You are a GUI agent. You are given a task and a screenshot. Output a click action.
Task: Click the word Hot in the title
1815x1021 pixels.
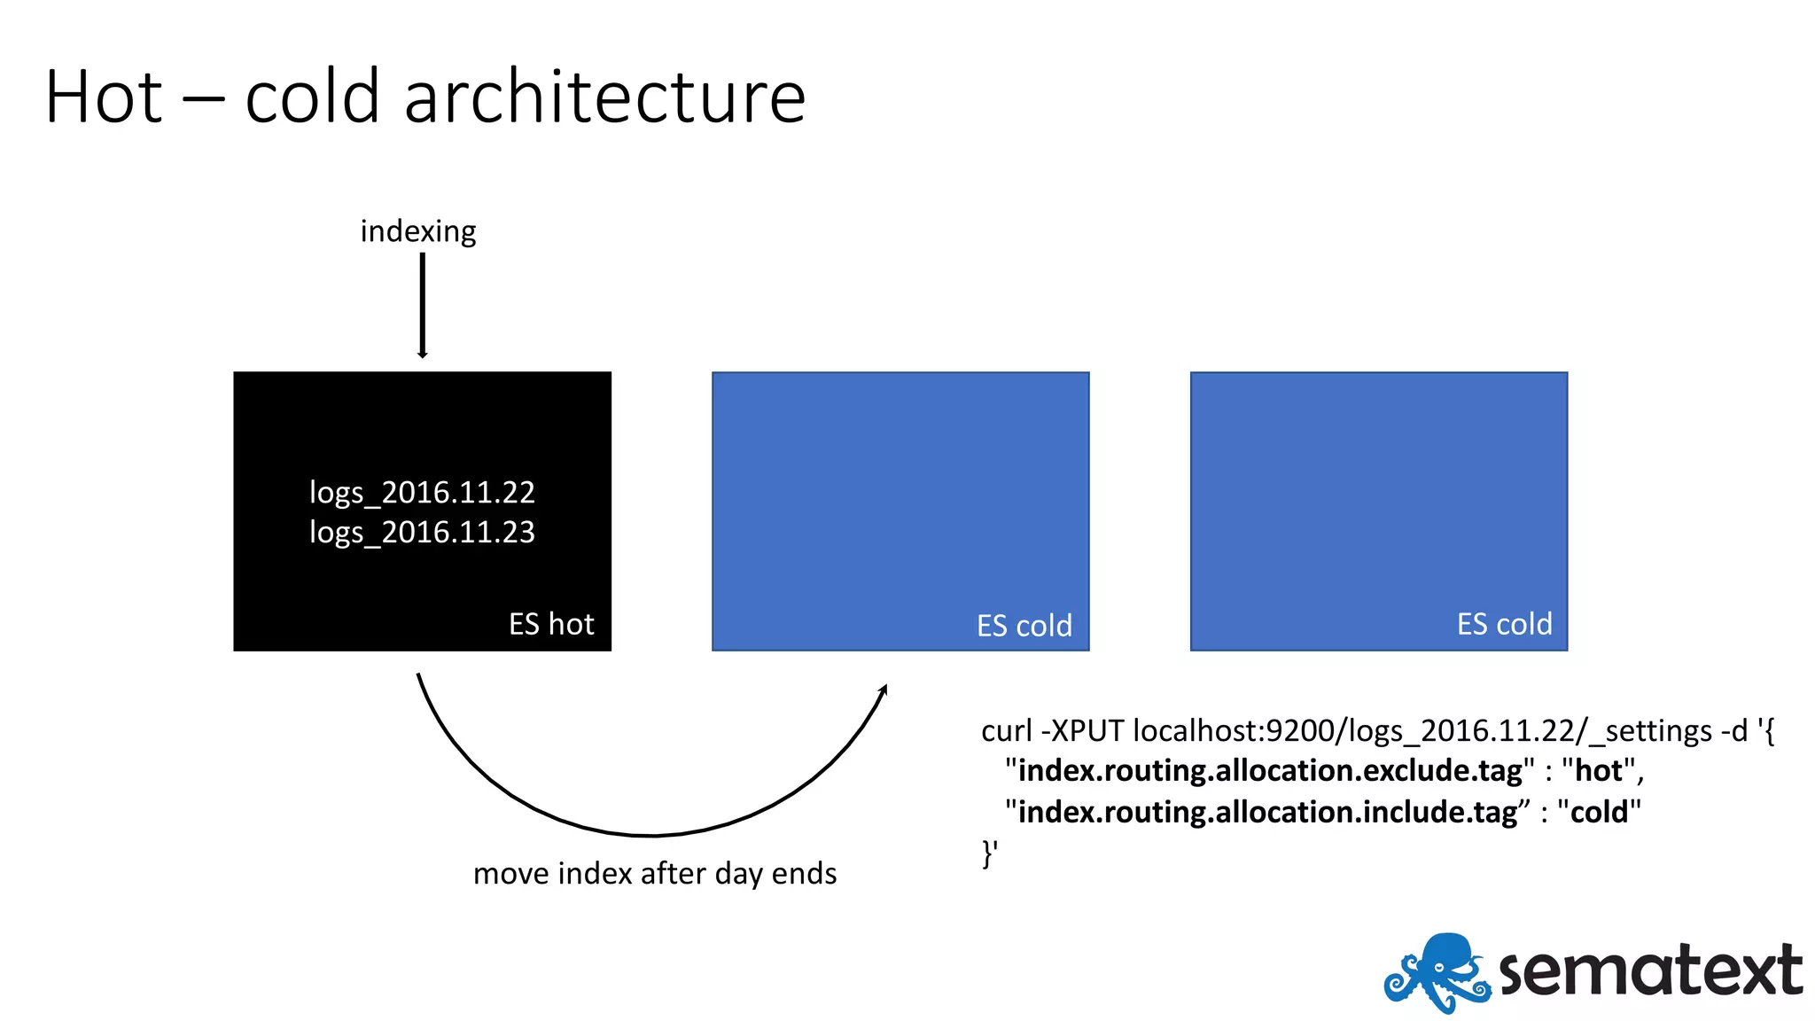[x=104, y=97]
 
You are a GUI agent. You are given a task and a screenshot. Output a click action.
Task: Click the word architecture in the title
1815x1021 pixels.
[x=604, y=97]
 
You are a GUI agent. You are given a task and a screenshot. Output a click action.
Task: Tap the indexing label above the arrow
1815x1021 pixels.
[x=418, y=231]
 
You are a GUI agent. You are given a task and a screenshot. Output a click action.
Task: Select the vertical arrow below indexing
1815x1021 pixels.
[x=423, y=306]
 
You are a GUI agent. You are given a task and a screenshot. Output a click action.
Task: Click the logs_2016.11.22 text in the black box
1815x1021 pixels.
[x=422, y=492]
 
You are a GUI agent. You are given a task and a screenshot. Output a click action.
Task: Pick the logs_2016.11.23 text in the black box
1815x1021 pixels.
[x=422, y=532]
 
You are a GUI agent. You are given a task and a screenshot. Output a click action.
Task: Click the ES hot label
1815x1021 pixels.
[x=551, y=624]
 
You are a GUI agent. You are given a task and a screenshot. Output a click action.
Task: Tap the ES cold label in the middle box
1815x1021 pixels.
[x=1024, y=626]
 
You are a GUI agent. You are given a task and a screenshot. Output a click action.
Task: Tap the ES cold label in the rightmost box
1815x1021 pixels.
[x=1504, y=624]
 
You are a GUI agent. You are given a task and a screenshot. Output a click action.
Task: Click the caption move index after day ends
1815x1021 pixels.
[x=655, y=874]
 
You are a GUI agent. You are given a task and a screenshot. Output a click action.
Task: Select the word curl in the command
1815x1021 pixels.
[x=1007, y=731]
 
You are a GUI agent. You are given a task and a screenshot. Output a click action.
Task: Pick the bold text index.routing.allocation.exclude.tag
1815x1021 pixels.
[x=1270, y=771]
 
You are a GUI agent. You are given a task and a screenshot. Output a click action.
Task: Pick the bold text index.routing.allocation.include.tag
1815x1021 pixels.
[x=1267, y=812]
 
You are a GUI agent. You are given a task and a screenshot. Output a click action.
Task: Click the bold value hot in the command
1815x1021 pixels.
[x=1599, y=771]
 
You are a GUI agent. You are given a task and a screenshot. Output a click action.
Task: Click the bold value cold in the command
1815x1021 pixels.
[x=1599, y=812]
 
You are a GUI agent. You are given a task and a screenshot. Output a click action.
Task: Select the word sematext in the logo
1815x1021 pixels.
[x=1650, y=971]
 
